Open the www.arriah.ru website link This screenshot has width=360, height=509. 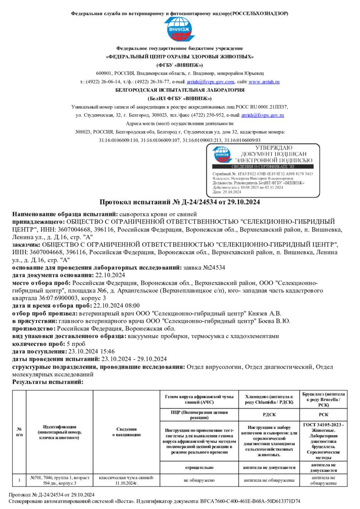[x=264, y=82]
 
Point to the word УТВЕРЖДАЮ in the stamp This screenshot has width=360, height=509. [x=274, y=147]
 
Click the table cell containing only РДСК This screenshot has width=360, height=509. [x=269, y=415]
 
